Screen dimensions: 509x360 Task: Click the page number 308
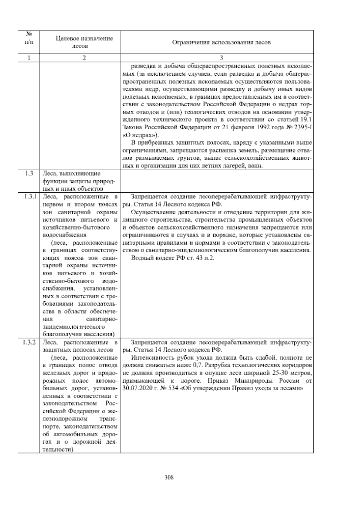[x=169, y=477]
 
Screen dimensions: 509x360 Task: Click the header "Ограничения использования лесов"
[x=221, y=42]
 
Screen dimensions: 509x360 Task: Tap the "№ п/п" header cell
[x=29, y=38]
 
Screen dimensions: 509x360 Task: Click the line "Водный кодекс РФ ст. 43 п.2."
[x=173, y=258]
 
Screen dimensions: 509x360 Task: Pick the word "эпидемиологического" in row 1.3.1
[x=74, y=326]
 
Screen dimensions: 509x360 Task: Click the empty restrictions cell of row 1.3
[x=217, y=181]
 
